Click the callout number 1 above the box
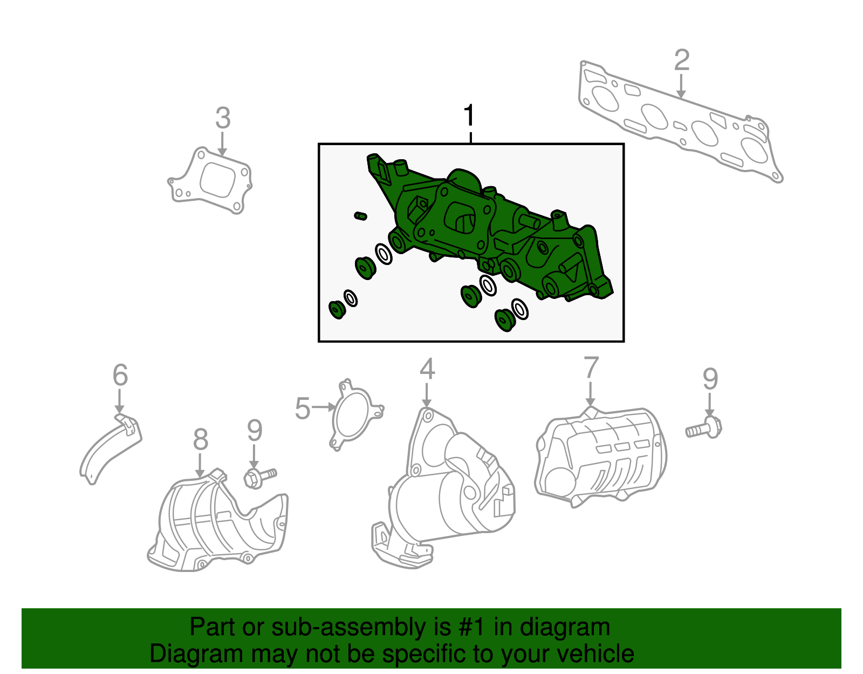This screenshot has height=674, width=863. tap(469, 115)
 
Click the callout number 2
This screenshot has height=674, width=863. tap(681, 60)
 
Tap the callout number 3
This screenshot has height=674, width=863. tap(223, 118)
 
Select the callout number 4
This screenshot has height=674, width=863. tap(427, 370)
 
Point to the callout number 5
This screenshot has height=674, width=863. tap(303, 409)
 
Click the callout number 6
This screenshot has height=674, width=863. tap(120, 375)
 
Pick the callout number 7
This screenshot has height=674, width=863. tap(591, 368)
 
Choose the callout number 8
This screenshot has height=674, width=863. tap(200, 440)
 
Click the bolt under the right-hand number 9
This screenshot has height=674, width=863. tap(704, 428)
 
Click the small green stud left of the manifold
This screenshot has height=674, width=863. tap(360, 216)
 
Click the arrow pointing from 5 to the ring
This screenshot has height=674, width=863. tap(324, 407)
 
